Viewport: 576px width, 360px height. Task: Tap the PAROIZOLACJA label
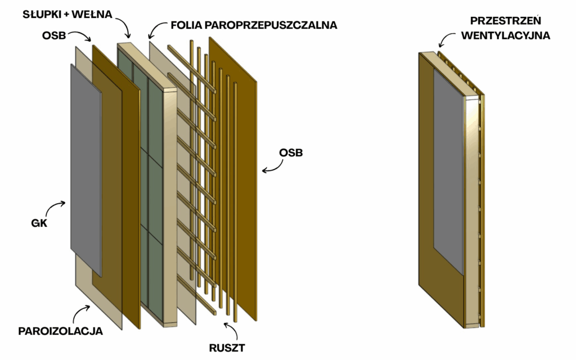click(60, 331)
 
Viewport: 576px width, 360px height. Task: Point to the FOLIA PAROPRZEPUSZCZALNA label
click(253, 25)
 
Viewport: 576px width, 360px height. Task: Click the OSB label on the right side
click(290, 153)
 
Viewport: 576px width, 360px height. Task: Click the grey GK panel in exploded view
click(85, 169)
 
